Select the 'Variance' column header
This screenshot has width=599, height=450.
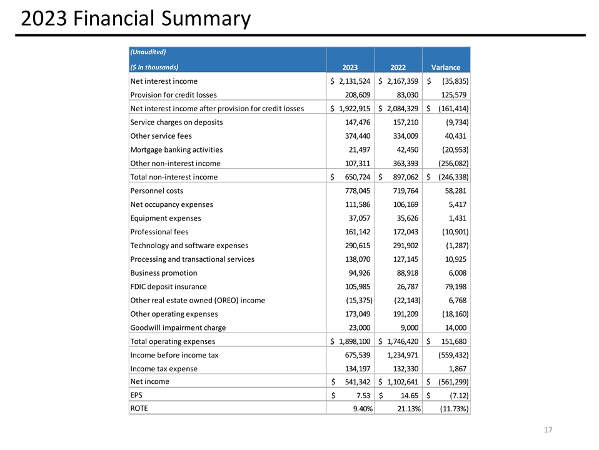pos(446,67)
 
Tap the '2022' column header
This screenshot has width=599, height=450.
pos(398,67)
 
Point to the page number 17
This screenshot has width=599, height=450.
pos(549,430)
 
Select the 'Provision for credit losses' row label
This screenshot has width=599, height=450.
pos(173,95)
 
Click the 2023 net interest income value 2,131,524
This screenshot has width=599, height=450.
pos(354,81)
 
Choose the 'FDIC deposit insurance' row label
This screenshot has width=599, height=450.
pos(168,286)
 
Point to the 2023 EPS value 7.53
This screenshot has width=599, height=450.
pos(362,396)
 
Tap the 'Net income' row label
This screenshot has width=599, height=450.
pos(149,381)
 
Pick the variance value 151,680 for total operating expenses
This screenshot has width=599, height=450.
pos(450,341)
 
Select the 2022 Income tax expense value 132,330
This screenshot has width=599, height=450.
pos(405,368)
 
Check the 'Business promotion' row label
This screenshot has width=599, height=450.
pos(163,272)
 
